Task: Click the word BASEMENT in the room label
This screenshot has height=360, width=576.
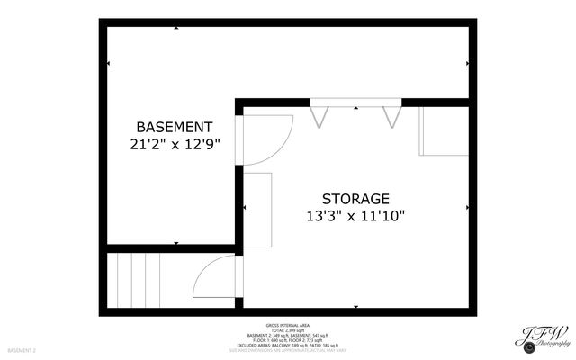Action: (x=175, y=127)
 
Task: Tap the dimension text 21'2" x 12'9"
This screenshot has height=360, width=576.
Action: (x=175, y=143)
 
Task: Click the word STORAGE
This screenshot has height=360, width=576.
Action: (x=355, y=199)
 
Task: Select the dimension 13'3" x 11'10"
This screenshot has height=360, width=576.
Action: (x=355, y=215)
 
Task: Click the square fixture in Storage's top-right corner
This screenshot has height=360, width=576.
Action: (x=444, y=131)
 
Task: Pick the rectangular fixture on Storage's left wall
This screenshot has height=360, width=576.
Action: (x=258, y=208)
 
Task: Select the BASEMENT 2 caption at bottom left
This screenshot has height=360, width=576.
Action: (x=22, y=349)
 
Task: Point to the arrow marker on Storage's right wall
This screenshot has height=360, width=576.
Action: (x=468, y=206)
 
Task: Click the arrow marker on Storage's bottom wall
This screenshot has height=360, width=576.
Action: (x=356, y=307)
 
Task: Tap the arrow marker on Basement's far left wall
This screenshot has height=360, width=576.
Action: (x=108, y=64)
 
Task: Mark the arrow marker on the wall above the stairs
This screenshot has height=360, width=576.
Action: (x=172, y=244)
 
